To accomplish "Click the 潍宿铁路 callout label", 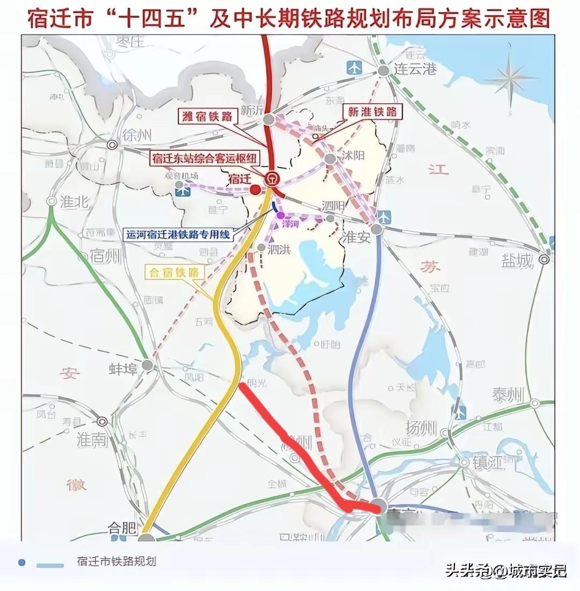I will tap(205, 116).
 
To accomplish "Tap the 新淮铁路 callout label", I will tap(372, 111).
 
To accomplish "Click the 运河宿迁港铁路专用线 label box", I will tap(177, 234).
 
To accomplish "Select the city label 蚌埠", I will tap(124, 369).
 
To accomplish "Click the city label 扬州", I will tap(421, 429).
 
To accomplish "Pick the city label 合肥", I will tap(119, 528).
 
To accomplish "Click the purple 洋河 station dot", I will tap(280, 215).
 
